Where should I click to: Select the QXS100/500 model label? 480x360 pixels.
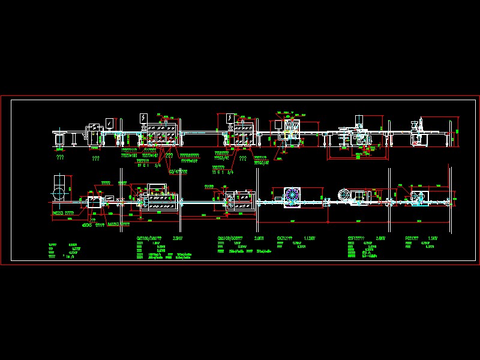pyautogui.click(x=149, y=238)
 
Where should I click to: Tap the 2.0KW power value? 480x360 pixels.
pyautogui.click(x=259, y=238)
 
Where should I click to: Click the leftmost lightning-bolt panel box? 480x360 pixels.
pyautogui.click(x=144, y=117)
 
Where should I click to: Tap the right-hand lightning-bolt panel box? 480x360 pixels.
pyautogui.click(x=230, y=118)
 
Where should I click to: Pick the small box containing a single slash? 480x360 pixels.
pyautogui.click(x=109, y=122)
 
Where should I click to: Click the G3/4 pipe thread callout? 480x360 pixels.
pyautogui.click(x=178, y=171)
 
